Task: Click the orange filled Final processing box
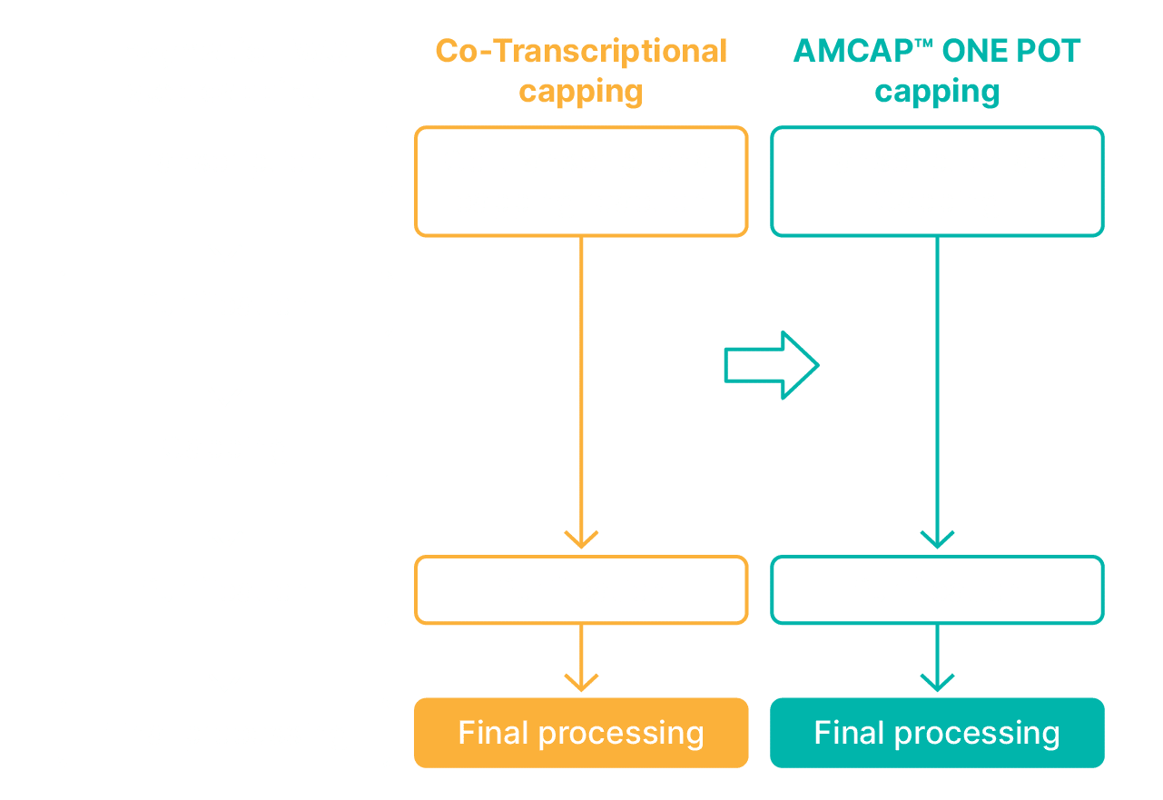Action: click(x=581, y=733)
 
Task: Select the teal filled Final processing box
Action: click(x=937, y=733)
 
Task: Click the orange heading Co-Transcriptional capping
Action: click(x=581, y=71)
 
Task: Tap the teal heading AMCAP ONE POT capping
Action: click(x=937, y=71)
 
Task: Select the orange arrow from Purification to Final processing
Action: click(x=581, y=660)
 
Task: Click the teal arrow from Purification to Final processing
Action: click(x=937, y=660)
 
